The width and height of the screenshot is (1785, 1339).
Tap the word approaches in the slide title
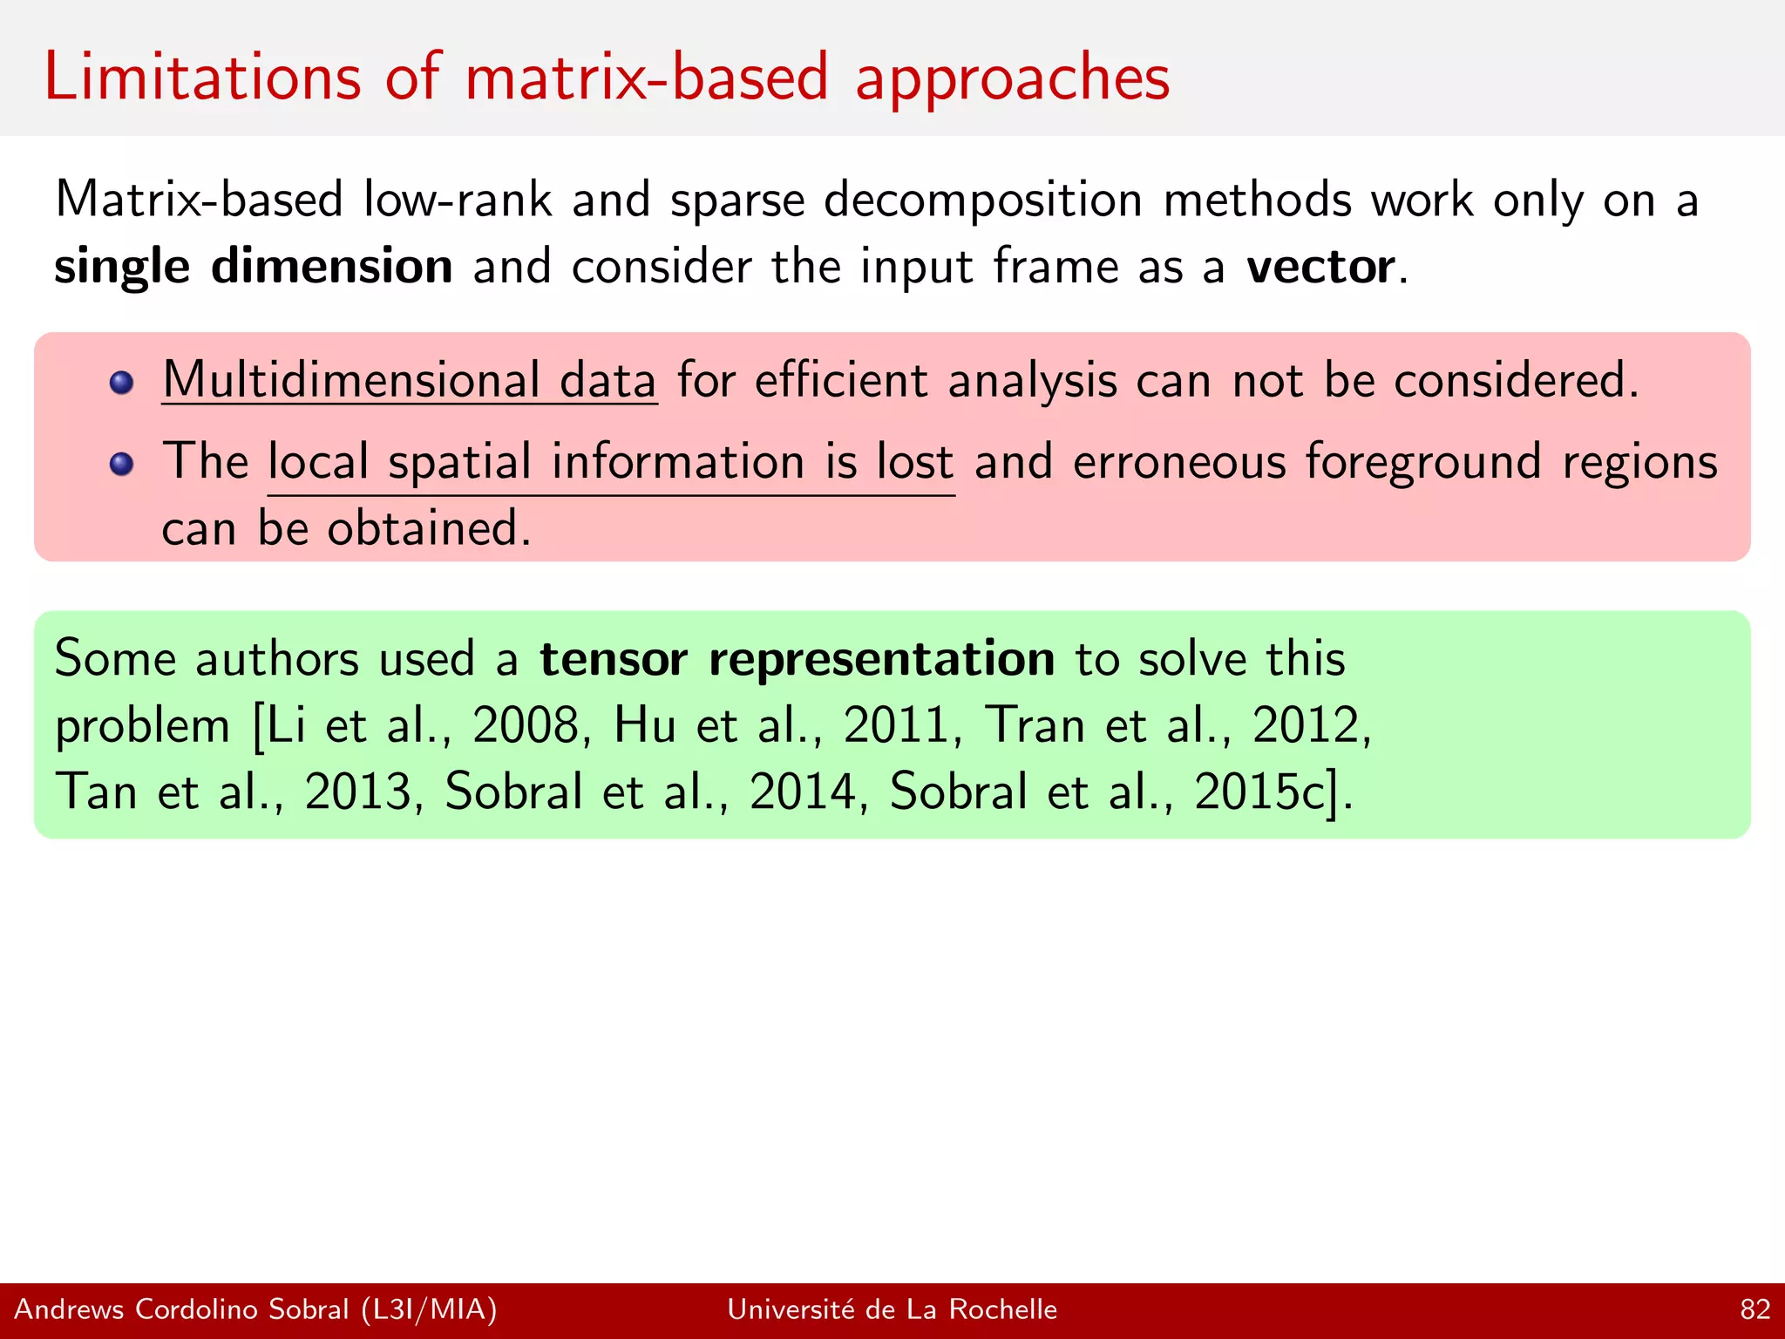pos(1012,78)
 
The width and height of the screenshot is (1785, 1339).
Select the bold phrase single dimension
pos(253,266)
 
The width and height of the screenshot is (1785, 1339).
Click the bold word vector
pos(1320,267)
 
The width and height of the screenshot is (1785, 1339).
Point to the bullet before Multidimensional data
pos(121,383)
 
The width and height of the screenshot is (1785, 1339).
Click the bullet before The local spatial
pos(121,464)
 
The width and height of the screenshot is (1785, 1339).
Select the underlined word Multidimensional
pos(350,381)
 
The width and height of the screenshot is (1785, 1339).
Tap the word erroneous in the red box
pos(1179,461)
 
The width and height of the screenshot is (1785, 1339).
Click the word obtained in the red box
pos(422,528)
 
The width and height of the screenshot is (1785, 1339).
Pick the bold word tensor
pos(614,658)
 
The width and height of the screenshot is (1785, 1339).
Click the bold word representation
pos(881,658)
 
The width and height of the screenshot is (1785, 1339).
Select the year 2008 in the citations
pos(526,725)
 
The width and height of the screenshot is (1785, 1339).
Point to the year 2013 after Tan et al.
pos(357,792)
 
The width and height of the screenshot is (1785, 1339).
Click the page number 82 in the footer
pos(1754,1309)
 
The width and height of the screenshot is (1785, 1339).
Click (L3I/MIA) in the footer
pos(429,1309)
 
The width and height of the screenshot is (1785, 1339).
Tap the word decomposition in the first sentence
pos(983,201)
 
